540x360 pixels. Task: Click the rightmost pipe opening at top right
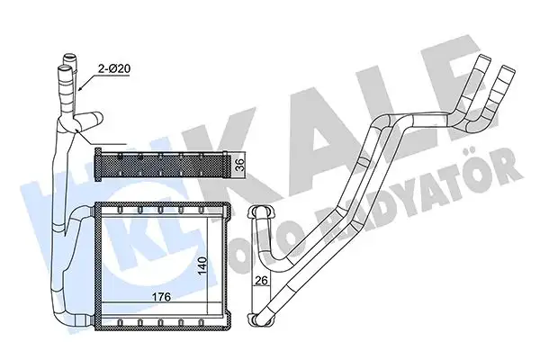click(506, 67)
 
